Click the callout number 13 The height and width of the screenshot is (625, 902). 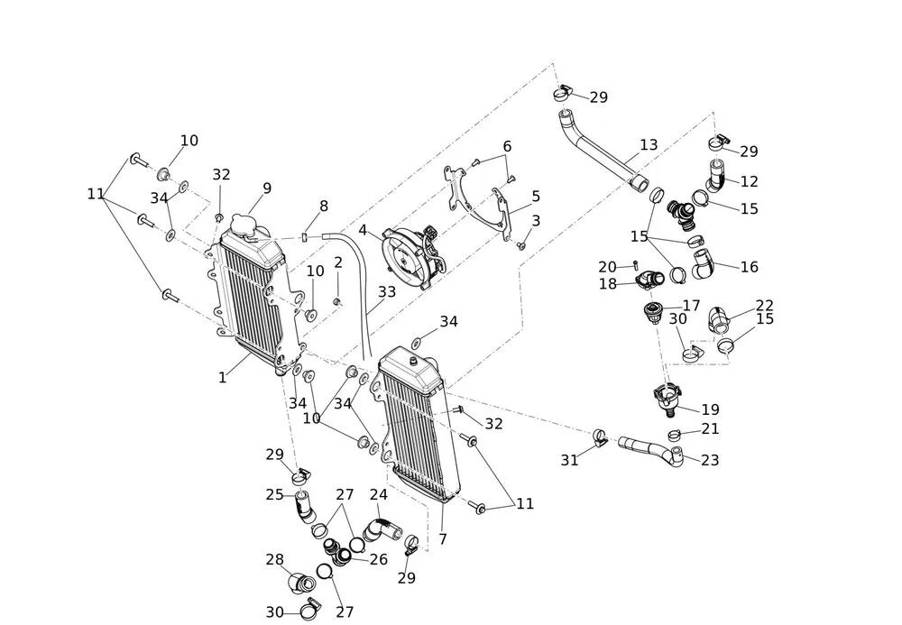click(x=649, y=144)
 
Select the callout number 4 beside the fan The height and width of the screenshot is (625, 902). click(x=363, y=230)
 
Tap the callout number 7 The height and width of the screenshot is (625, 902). click(x=443, y=539)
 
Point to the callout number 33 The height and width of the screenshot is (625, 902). click(x=387, y=292)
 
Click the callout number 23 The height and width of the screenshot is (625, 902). click(x=710, y=460)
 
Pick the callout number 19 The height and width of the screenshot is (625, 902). click(x=710, y=409)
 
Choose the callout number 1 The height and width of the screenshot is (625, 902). click(x=223, y=378)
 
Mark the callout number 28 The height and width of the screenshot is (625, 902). click(x=275, y=560)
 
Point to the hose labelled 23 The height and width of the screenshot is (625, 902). click(x=649, y=446)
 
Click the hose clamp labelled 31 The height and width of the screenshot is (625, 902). click(x=599, y=438)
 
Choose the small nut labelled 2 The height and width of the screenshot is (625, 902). click(x=337, y=301)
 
